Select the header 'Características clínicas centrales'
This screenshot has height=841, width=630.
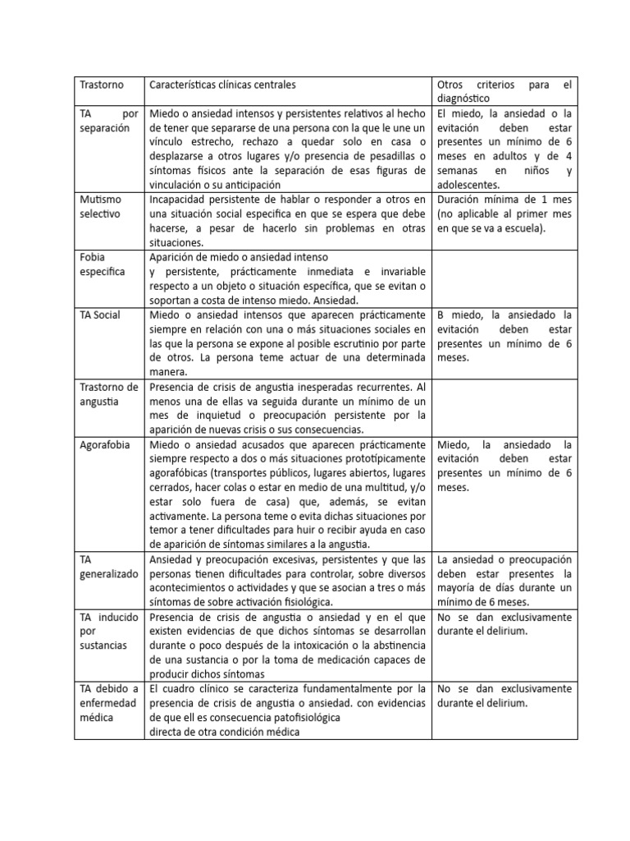pyautogui.click(x=221, y=85)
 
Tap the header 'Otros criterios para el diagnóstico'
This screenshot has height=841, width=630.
pyautogui.click(x=504, y=92)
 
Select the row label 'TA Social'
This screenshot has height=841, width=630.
pyautogui.click(x=100, y=315)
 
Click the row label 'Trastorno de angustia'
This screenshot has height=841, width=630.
pyautogui.click(x=109, y=393)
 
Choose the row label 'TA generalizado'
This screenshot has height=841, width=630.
pyautogui.click(x=109, y=567)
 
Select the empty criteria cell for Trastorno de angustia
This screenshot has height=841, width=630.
pyautogui.click(x=504, y=407)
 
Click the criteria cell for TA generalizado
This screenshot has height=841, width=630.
pyautogui.click(x=504, y=581)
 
